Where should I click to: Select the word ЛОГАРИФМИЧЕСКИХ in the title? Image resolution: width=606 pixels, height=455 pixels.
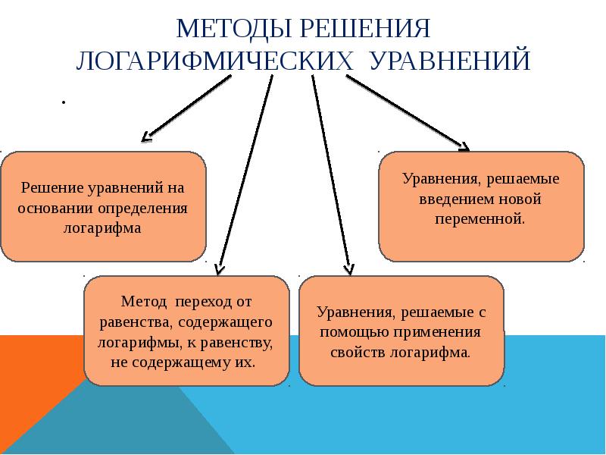[215, 61]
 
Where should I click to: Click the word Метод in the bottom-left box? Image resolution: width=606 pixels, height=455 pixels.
[141, 302]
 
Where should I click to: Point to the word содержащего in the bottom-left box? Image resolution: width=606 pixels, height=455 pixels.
[236, 322]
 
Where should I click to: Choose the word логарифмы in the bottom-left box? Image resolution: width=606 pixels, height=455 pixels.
[132, 342]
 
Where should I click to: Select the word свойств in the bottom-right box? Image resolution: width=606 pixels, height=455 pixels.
[355, 353]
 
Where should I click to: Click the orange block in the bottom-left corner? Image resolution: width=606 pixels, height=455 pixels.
[34, 394]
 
